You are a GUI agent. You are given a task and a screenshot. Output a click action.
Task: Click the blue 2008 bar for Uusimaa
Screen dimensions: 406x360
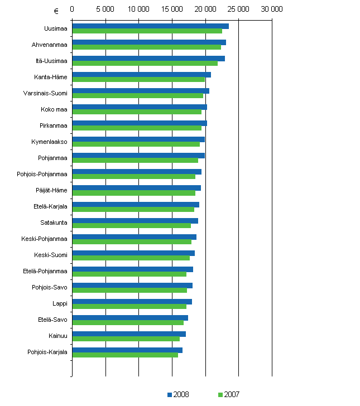[150, 26]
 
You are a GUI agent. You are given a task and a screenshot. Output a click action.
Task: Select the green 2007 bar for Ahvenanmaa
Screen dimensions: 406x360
[146, 47]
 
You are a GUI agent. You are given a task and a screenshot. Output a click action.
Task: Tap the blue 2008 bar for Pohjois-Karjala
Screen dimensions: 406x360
[127, 350]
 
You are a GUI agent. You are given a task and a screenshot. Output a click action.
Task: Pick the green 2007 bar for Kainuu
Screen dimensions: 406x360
[126, 339]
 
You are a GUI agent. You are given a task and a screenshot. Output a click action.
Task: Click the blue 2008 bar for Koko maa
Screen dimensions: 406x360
[140, 107]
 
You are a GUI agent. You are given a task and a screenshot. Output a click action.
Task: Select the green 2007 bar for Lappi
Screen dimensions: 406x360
[129, 307]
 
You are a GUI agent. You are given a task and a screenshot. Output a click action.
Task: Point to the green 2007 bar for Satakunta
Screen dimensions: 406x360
[131, 226]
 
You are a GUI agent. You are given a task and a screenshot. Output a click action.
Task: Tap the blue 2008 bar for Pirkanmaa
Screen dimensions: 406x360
[140, 123]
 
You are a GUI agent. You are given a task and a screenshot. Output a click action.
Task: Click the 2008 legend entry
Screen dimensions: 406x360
[178, 394]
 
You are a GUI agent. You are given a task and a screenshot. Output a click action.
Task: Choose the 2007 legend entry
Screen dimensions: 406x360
[228, 394]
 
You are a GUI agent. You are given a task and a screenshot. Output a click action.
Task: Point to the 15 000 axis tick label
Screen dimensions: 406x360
[172, 9]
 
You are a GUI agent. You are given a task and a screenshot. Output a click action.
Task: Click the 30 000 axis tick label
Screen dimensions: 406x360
[272, 9]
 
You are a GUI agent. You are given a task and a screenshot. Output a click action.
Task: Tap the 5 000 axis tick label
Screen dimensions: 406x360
[105, 9]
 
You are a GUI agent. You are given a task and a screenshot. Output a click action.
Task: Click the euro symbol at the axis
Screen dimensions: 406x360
[56, 10]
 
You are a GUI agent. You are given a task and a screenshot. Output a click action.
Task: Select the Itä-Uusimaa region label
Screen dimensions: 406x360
[51, 61]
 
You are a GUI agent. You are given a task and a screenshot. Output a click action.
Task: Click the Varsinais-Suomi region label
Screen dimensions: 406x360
[45, 93]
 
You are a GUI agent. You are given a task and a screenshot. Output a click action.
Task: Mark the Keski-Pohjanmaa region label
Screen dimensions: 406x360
[46, 239]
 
